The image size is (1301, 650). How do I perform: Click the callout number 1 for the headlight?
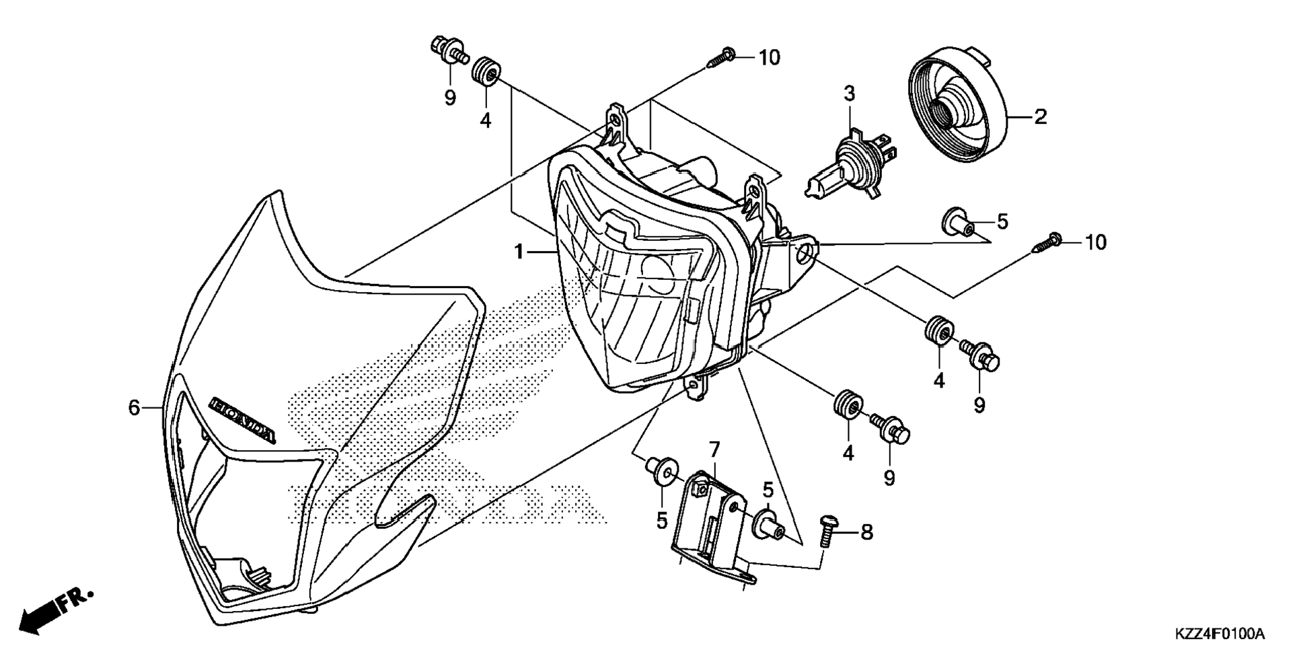519,252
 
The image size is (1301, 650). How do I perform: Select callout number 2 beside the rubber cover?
1040,117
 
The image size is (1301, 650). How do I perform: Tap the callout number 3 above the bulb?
850,94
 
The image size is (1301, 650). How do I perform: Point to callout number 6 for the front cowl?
134,407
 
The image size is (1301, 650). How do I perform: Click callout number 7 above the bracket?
714,449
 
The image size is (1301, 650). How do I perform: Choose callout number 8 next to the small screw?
866,533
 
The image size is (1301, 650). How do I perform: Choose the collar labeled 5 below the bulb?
956,223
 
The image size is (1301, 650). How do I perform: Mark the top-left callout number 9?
450,98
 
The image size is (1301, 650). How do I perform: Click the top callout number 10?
769,58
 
